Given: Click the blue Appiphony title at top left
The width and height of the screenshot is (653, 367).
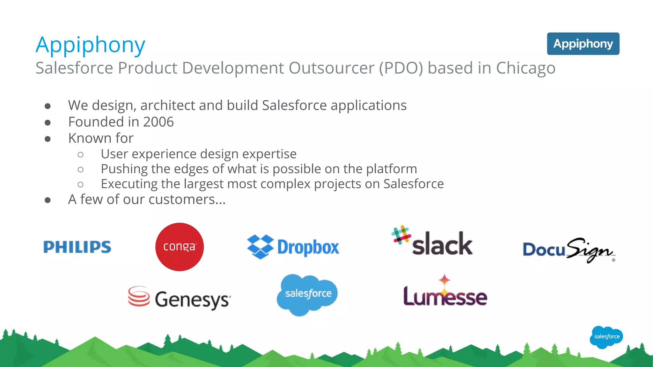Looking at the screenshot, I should point(90,45).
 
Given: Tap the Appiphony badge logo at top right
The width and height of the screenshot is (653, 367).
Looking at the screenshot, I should point(583,44).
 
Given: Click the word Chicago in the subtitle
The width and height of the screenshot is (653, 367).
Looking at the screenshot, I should point(525,68).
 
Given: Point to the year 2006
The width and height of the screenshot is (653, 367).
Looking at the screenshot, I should point(158,122).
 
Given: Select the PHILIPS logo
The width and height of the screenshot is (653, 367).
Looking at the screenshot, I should point(77,247).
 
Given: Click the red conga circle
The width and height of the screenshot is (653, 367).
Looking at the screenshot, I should point(180,247).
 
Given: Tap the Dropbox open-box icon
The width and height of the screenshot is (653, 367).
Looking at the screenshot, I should point(260,247).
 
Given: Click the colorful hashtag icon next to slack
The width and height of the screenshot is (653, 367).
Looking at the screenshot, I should point(401,235).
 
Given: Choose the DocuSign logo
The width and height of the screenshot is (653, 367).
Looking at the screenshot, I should point(569,250).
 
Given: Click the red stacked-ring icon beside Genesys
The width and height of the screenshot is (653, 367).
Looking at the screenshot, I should point(139,296).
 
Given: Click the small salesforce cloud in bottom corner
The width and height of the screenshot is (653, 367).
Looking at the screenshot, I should point(606,337).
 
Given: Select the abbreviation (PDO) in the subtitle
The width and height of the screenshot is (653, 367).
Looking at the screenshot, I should point(401,68).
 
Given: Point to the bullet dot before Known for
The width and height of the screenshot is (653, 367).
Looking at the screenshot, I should point(48,139).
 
